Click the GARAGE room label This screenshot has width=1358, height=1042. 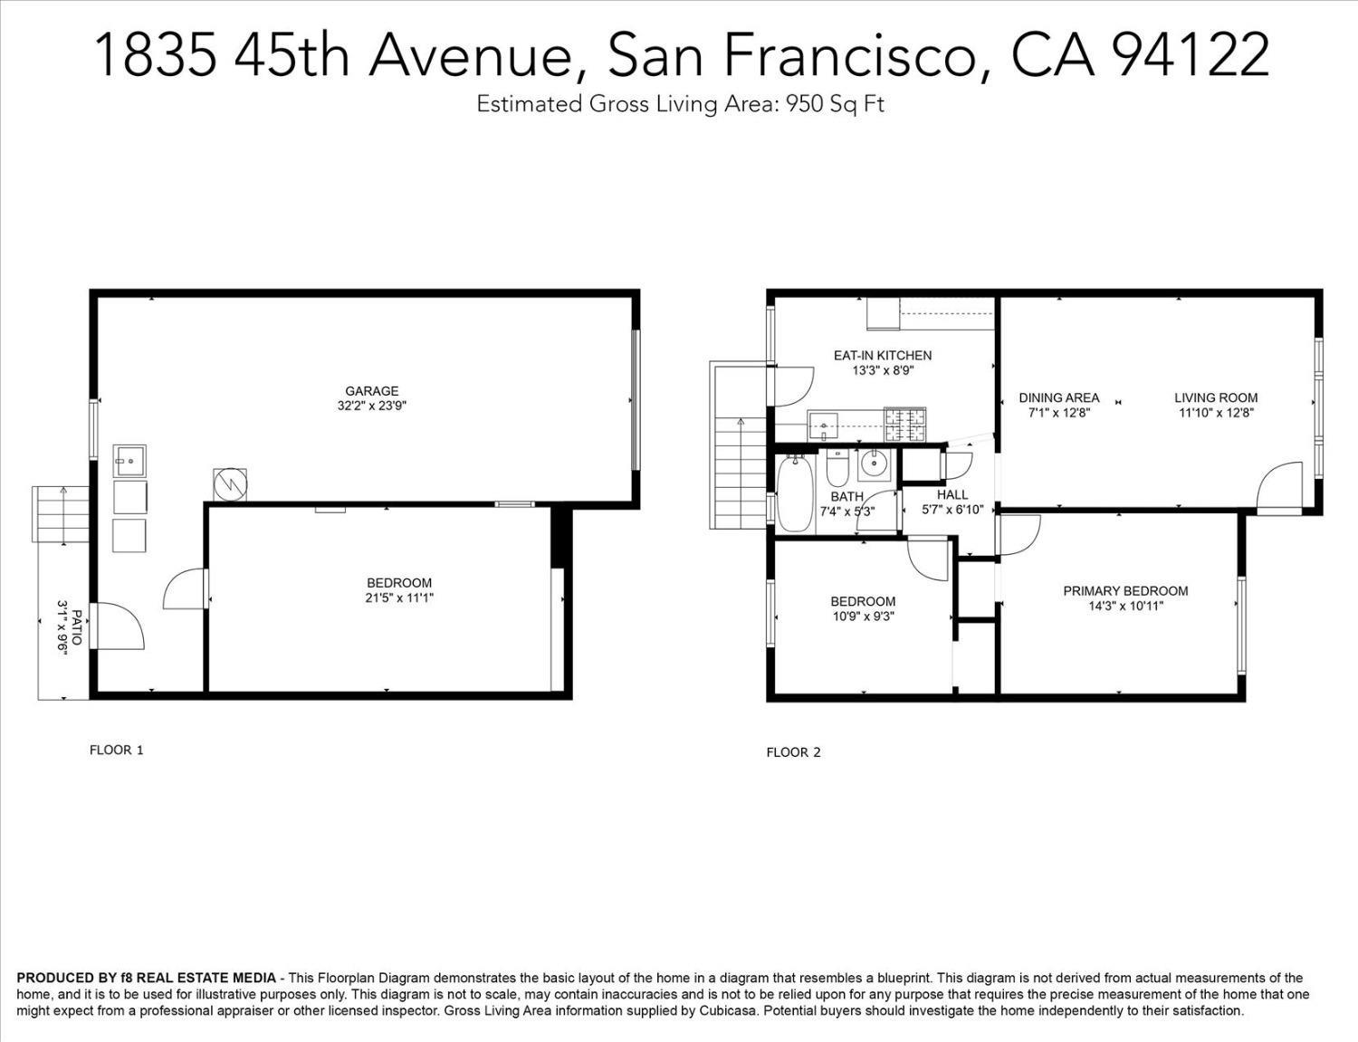point(372,391)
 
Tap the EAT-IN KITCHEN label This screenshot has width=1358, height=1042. point(883,356)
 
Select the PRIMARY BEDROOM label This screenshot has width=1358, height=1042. point(1125,591)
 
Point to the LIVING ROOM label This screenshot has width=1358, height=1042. point(1216,397)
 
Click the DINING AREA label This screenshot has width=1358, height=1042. point(1059,397)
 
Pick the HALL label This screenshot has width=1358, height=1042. point(952,495)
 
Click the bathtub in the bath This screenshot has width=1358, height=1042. point(795,493)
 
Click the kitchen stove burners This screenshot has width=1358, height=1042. point(904,425)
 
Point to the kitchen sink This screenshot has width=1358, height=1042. point(823,427)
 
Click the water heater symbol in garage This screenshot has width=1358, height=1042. point(230,483)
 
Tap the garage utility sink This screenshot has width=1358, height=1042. point(129,461)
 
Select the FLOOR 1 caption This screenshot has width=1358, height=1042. point(116,750)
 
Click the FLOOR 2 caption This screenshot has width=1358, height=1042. point(793,753)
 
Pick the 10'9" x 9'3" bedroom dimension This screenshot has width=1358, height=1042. point(863,617)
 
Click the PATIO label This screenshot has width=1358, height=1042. point(77,627)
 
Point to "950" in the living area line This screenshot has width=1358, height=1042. point(804,104)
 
